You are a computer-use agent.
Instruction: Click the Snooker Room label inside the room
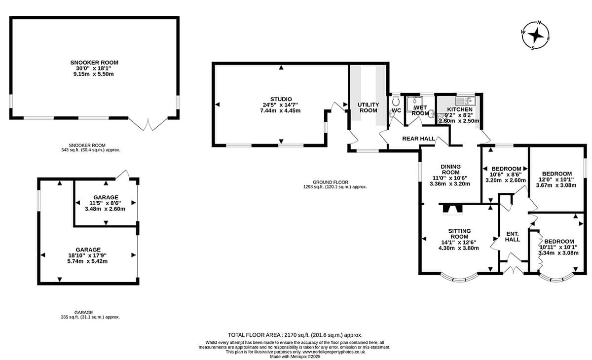pos(94,63)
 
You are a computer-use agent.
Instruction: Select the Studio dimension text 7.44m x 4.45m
pos(280,110)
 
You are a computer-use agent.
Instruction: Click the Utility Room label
pos(369,108)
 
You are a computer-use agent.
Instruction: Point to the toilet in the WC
pos(396,100)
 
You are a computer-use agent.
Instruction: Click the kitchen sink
pos(465,101)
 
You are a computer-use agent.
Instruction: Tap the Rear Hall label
pos(419,139)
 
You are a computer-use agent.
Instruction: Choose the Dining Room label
pos(450,169)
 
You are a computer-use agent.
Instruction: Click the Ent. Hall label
pos(513,237)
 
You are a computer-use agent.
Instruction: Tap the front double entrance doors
pos(513,270)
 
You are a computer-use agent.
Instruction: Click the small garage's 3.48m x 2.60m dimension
pos(105,209)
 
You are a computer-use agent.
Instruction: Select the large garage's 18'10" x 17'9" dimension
pos(87,255)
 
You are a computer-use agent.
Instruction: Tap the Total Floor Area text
pos(295,335)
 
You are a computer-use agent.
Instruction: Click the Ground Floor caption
pos(331,182)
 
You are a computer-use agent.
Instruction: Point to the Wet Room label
pos(420,110)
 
